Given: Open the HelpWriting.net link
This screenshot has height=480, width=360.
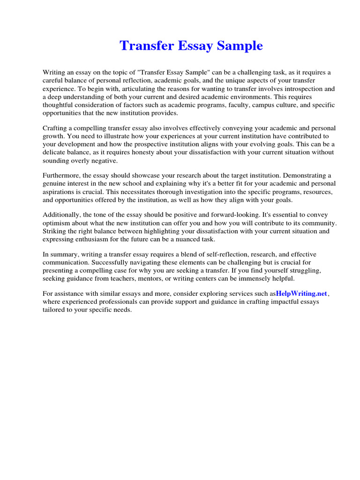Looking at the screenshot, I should [x=301, y=293].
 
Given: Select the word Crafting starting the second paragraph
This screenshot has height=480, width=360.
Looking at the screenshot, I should [x=57, y=128].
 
